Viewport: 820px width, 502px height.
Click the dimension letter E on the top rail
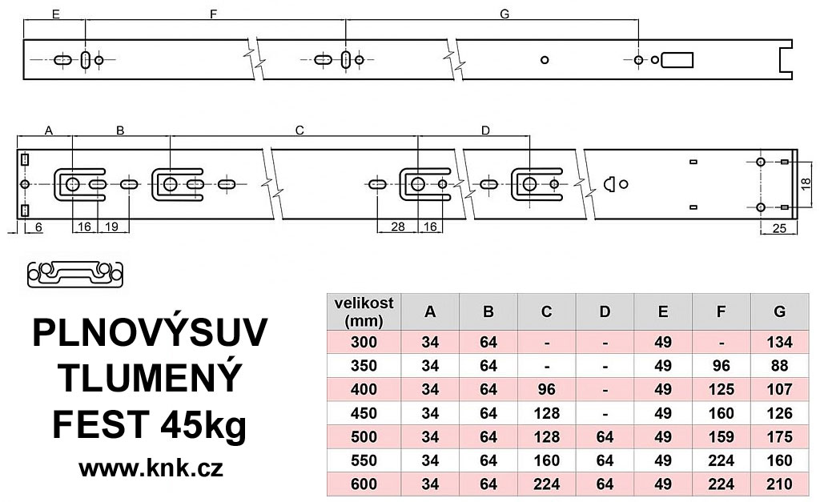(x=54, y=14)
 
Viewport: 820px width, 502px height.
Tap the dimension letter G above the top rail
(x=504, y=14)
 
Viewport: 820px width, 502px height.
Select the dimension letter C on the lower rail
(x=299, y=130)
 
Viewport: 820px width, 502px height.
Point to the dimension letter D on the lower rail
(x=485, y=130)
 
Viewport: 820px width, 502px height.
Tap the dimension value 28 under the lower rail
(x=396, y=227)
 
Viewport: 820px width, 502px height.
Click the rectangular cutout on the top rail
(x=677, y=60)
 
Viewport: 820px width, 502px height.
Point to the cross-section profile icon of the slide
(x=75, y=274)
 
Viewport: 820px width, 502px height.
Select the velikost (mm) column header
(x=365, y=312)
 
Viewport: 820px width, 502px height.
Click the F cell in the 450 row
(x=721, y=414)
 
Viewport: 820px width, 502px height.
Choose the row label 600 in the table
(x=365, y=484)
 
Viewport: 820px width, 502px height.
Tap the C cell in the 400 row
(x=546, y=391)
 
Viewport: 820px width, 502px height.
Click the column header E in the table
(x=662, y=312)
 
